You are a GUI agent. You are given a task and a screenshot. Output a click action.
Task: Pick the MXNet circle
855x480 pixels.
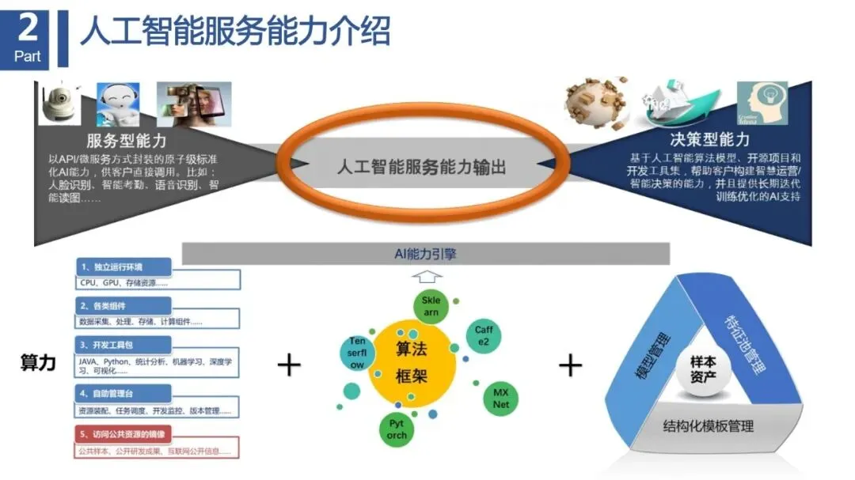(500, 398)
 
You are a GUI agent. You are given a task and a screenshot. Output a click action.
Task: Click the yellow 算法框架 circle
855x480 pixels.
(412, 362)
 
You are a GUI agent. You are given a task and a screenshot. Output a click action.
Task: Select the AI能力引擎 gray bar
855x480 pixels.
(426, 254)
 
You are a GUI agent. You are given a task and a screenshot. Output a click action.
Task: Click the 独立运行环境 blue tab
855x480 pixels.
(123, 267)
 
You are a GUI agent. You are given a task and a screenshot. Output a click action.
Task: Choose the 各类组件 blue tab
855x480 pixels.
(123, 305)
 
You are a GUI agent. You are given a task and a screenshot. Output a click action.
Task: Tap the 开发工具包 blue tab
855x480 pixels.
(123, 345)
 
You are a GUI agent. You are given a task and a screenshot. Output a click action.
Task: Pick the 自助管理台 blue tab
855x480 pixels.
(123, 392)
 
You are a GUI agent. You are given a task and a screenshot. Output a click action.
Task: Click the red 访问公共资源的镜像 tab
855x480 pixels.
(123, 434)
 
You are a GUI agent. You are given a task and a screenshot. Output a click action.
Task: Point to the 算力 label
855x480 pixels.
(38, 363)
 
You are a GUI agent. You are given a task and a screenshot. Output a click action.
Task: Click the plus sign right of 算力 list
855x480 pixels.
(290, 365)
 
